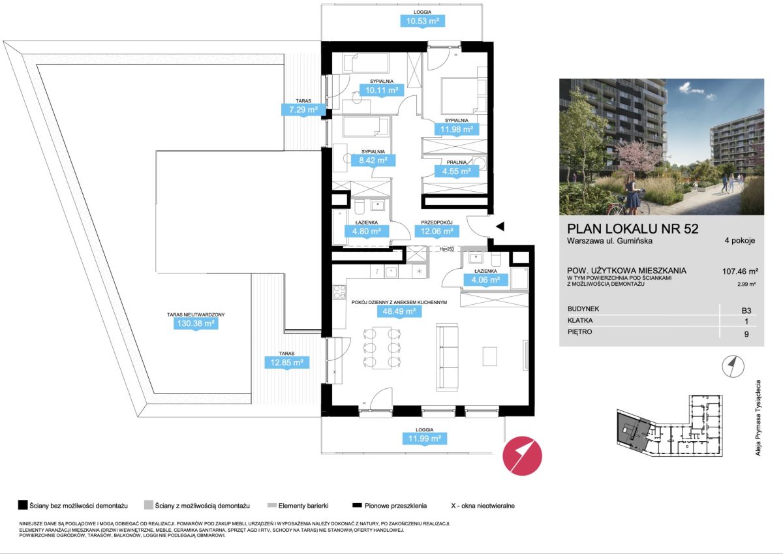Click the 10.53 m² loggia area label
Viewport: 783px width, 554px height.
(x=422, y=21)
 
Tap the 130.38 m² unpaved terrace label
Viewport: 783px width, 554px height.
(x=196, y=323)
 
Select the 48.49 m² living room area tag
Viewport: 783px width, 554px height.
(x=399, y=311)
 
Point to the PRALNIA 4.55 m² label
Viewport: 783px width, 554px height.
(x=457, y=168)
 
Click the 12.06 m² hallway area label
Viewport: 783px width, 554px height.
(x=437, y=231)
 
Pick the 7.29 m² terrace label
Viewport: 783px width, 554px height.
(x=303, y=110)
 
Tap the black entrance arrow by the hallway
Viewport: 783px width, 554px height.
(x=500, y=226)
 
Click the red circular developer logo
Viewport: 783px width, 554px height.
(x=522, y=455)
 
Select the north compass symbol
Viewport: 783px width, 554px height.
(x=733, y=366)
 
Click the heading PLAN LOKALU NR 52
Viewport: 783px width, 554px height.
(x=633, y=228)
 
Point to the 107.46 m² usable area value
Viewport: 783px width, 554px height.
(x=740, y=271)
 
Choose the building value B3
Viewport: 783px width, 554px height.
(x=746, y=311)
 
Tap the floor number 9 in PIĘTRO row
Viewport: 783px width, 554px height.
(x=746, y=334)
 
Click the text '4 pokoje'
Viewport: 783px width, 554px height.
(x=740, y=241)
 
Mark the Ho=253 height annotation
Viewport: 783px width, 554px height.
(x=447, y=249)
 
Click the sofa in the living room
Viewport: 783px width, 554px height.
(x=447, y=357)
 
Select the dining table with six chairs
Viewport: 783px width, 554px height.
(x=382, y=348)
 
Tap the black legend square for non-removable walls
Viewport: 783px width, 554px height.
(x=23, y=505)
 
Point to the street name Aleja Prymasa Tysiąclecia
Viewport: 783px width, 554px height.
(x=758, y=418)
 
